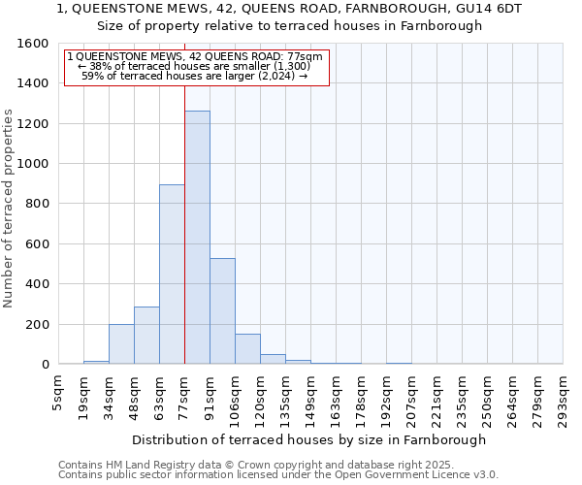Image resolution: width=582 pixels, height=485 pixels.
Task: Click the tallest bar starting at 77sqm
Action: click(197, 238)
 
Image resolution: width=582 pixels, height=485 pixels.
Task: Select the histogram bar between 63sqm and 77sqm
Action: click(172, 275)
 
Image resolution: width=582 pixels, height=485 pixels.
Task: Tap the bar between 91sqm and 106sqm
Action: click(222, 311)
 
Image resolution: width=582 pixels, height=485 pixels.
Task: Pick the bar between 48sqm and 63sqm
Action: click(146, 336)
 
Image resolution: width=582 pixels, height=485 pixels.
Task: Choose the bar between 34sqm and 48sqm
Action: click(121, 344)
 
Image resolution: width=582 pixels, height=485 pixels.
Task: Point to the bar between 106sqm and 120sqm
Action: click(247, 349)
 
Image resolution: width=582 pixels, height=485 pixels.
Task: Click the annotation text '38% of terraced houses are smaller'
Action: click(194, 66)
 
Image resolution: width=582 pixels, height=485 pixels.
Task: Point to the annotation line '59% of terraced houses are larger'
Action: click(195, 76)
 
